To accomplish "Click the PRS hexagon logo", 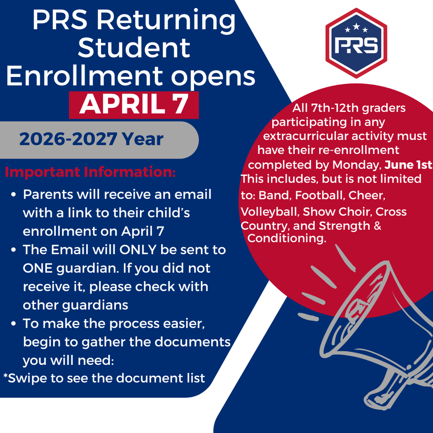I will (356, 43).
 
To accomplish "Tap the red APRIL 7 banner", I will (134, 104).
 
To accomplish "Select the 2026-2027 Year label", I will (91, 139).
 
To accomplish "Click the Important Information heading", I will (90, 173).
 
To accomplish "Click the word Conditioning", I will (287, 238).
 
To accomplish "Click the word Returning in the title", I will (175, 20).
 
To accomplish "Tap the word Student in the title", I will (134, 48).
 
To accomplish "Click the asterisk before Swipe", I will (5, 375).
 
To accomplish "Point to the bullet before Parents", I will (14, 195).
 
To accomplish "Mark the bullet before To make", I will (14, 324).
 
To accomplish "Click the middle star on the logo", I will (356, 27).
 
